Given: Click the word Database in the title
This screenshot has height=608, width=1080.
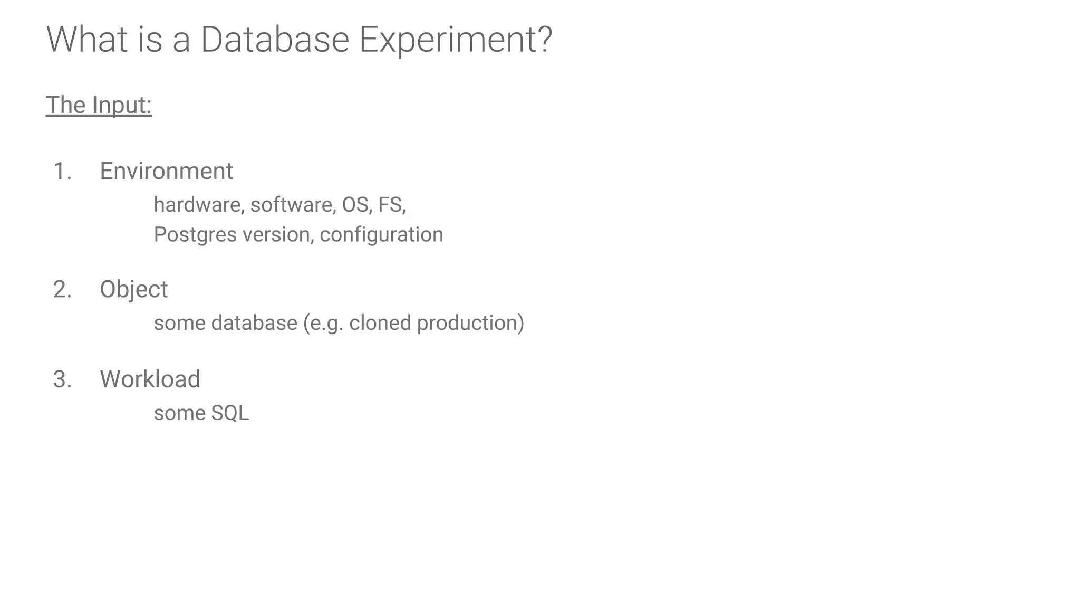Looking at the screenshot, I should coord(275,40).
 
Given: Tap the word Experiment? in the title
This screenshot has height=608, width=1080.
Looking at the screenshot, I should coord(456,40).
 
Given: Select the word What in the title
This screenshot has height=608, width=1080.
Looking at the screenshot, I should coord(86,40).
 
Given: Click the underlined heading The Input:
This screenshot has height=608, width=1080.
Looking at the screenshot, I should coord(99,105).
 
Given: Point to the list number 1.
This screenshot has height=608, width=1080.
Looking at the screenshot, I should coord(62,172).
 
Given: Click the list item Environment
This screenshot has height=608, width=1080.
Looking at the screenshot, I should coord(166,172).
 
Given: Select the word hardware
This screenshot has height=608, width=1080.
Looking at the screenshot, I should coord(198,205).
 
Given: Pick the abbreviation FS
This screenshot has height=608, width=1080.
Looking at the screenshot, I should coord(391,205).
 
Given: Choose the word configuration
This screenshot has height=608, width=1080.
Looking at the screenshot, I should coord(381,235).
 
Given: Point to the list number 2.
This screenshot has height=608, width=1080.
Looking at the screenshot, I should coord(62,290).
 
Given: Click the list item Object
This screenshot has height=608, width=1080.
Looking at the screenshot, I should coord(133,290).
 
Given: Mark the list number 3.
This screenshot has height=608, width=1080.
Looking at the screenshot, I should coord(62,379).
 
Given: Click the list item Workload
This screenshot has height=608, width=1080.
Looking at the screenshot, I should coord(150,379).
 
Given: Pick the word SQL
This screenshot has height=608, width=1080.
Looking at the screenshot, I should coord(229,413).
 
